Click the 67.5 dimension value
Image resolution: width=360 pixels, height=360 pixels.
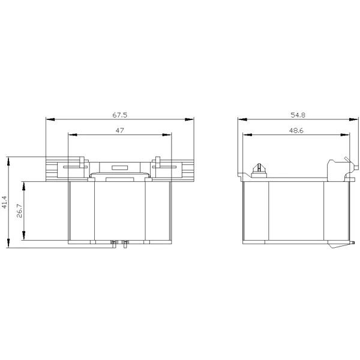(x=119, y=115)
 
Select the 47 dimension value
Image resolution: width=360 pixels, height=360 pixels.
(x=119, y=130)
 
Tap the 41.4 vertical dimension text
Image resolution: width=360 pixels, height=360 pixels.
(x=5, y=202)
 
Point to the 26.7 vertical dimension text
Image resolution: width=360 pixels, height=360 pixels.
(x=20, y=211)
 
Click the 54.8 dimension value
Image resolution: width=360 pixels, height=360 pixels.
(x=298, y=115)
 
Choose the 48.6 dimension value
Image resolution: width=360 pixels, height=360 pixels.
(x=296, y=130)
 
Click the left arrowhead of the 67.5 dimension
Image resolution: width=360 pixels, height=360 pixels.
(x=50, y=119)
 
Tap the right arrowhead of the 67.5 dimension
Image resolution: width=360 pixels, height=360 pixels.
(x=190, y=119)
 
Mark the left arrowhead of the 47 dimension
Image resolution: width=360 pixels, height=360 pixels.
(x=73, y=135)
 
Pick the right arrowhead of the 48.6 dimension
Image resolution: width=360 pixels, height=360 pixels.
(x=346, y=135)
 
